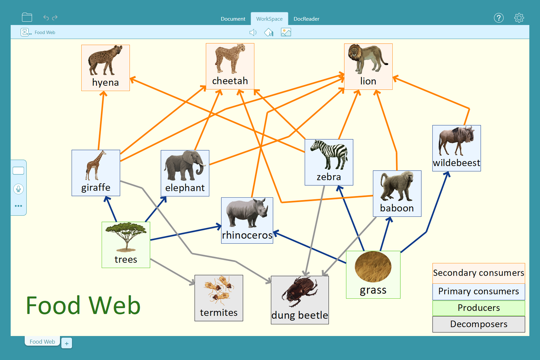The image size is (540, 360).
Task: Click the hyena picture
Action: point(105,61)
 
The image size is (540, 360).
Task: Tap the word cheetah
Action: point(230,81)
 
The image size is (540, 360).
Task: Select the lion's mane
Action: point(355,54)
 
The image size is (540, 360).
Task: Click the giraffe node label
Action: point(96,188)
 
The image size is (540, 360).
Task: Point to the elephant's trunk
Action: point(201,168)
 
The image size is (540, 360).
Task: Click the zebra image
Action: point(329,155)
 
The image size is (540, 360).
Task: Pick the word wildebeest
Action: point(456,163)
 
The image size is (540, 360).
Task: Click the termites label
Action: point(219,313)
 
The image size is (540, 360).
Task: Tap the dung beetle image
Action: point(299,292)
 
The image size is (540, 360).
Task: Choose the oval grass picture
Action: point(373,267)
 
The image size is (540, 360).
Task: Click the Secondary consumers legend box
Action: point(478,273)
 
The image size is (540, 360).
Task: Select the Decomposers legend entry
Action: point(478,324)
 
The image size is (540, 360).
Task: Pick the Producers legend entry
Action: point(478,308)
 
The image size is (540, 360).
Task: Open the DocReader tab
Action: point(306,19)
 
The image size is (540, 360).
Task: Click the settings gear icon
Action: point(519,18)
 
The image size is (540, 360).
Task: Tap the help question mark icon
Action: point(499,18)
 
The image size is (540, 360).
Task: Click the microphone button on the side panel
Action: point(19,189)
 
